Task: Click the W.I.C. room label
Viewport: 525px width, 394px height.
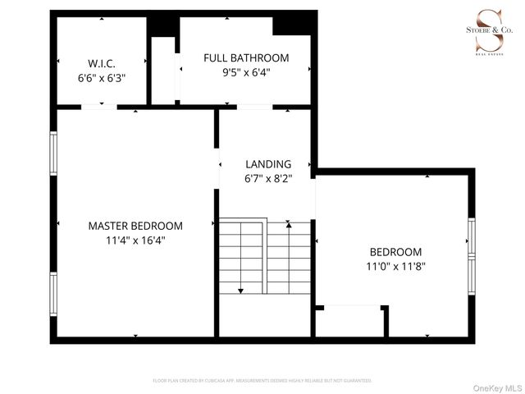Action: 102,63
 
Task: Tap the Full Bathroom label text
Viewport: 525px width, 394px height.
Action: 246,57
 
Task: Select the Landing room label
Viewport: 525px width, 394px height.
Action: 267,163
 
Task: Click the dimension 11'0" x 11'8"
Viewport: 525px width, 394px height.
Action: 395,266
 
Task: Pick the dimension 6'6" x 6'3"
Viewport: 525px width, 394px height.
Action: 102,78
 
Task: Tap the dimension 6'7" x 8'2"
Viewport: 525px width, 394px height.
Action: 267,177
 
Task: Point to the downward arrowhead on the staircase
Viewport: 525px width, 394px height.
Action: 241,290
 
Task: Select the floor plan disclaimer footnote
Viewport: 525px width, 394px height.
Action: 262,381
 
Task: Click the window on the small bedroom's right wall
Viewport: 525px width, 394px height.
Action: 472,250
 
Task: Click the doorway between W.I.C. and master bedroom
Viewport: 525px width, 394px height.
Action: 99,107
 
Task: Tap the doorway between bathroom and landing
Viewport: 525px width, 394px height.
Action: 254,107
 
